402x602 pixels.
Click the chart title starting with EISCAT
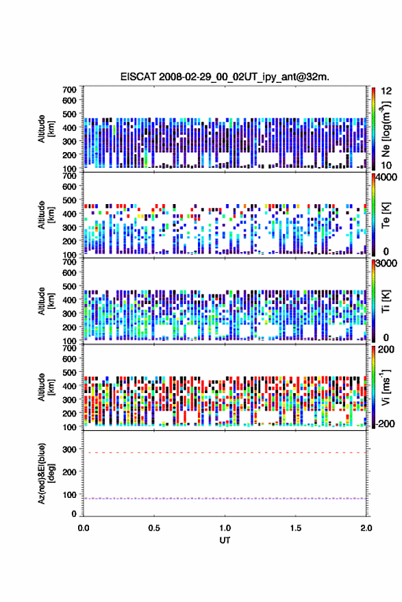(x=225, y=77)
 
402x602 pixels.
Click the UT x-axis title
(x=225, y=540)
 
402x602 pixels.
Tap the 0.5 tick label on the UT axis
(x=154, y=528)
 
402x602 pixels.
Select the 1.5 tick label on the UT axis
(x=296, y=528)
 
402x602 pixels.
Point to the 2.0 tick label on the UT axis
(x=366, y=528)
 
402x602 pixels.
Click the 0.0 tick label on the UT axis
(x=84, y=528)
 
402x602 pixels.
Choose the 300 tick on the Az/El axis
(x=69, y=449)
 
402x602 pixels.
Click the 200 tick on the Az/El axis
(x=69, y=472)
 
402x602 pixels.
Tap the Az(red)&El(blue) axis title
(x=46, y=473)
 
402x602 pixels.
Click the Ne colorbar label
(x=386, y=129)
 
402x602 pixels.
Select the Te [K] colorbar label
(x=386, y=215)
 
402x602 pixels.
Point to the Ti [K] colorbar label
(x=386, y=301)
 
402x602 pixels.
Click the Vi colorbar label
(x=386, y=387)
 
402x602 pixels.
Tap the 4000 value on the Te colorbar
(x=387, y=178)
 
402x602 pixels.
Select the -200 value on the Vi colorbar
(x=385, y=424)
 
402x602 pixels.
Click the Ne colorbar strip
(x=373, y=129)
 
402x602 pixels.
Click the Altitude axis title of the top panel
(x=46, y=129)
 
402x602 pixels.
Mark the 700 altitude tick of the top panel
(x=69, y=90)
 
